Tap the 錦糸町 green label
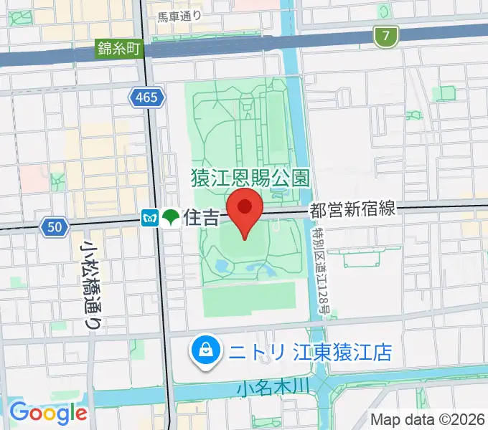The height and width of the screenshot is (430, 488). tap(120, 49)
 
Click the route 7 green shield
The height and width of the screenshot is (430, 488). tap(386, 37)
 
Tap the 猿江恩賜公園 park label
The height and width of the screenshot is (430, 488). tap(250, 175)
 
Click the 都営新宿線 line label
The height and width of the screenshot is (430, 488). tap(352, 209)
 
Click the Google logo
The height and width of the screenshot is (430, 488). tap(48, 412)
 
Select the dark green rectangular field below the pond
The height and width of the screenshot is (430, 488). tap(249, 299)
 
